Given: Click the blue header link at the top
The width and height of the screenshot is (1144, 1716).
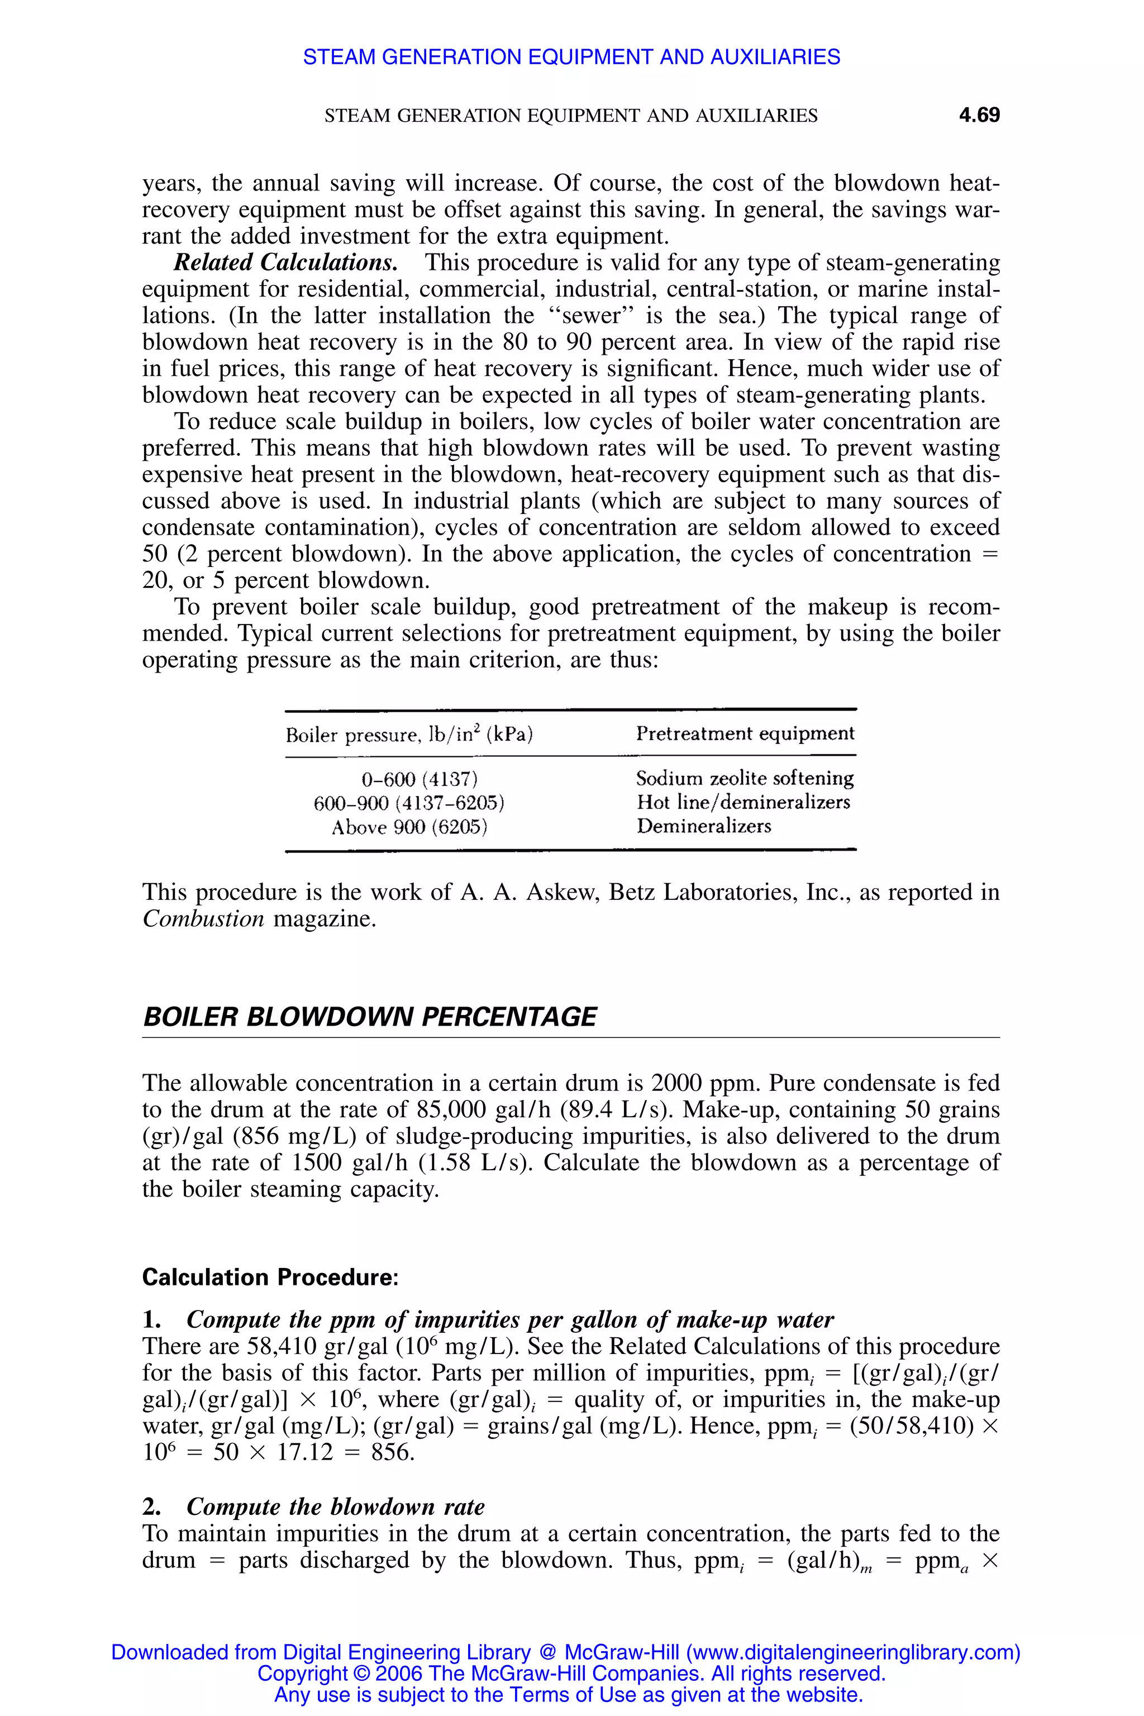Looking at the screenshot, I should pyautogui.click(x=571, y=57).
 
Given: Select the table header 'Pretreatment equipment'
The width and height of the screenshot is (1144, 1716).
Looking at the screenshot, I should pyautogui.click(x=744, y=733).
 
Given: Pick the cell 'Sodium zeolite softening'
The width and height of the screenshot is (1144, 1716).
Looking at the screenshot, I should pyautogui.click(x=744, y=779).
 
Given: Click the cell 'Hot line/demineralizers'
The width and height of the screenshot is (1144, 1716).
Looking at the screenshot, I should pyautogui.click(x=743, y=803).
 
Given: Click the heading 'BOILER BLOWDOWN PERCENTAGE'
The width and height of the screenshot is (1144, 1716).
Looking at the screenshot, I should pyautogui.click(x=370, y=1017).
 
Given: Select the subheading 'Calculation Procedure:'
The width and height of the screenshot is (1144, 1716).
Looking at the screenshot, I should pyautogui.click(x=270, y=1278).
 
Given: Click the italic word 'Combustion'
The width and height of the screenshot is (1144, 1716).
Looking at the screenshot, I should pyautogui.click(x=203, y=918).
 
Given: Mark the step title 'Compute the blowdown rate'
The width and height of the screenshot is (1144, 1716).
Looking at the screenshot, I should pyautogui.click(x=336, y=1507).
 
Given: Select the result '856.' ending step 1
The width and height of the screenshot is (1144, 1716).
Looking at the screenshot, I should pyautogui.click(x=393, y=1452).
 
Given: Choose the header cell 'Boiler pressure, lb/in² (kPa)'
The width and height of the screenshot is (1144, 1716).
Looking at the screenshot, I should pyautogui.click(x=408, y=735).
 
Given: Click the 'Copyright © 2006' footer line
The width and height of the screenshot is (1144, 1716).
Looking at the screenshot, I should pyautogui.click(x=571, y=1673).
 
